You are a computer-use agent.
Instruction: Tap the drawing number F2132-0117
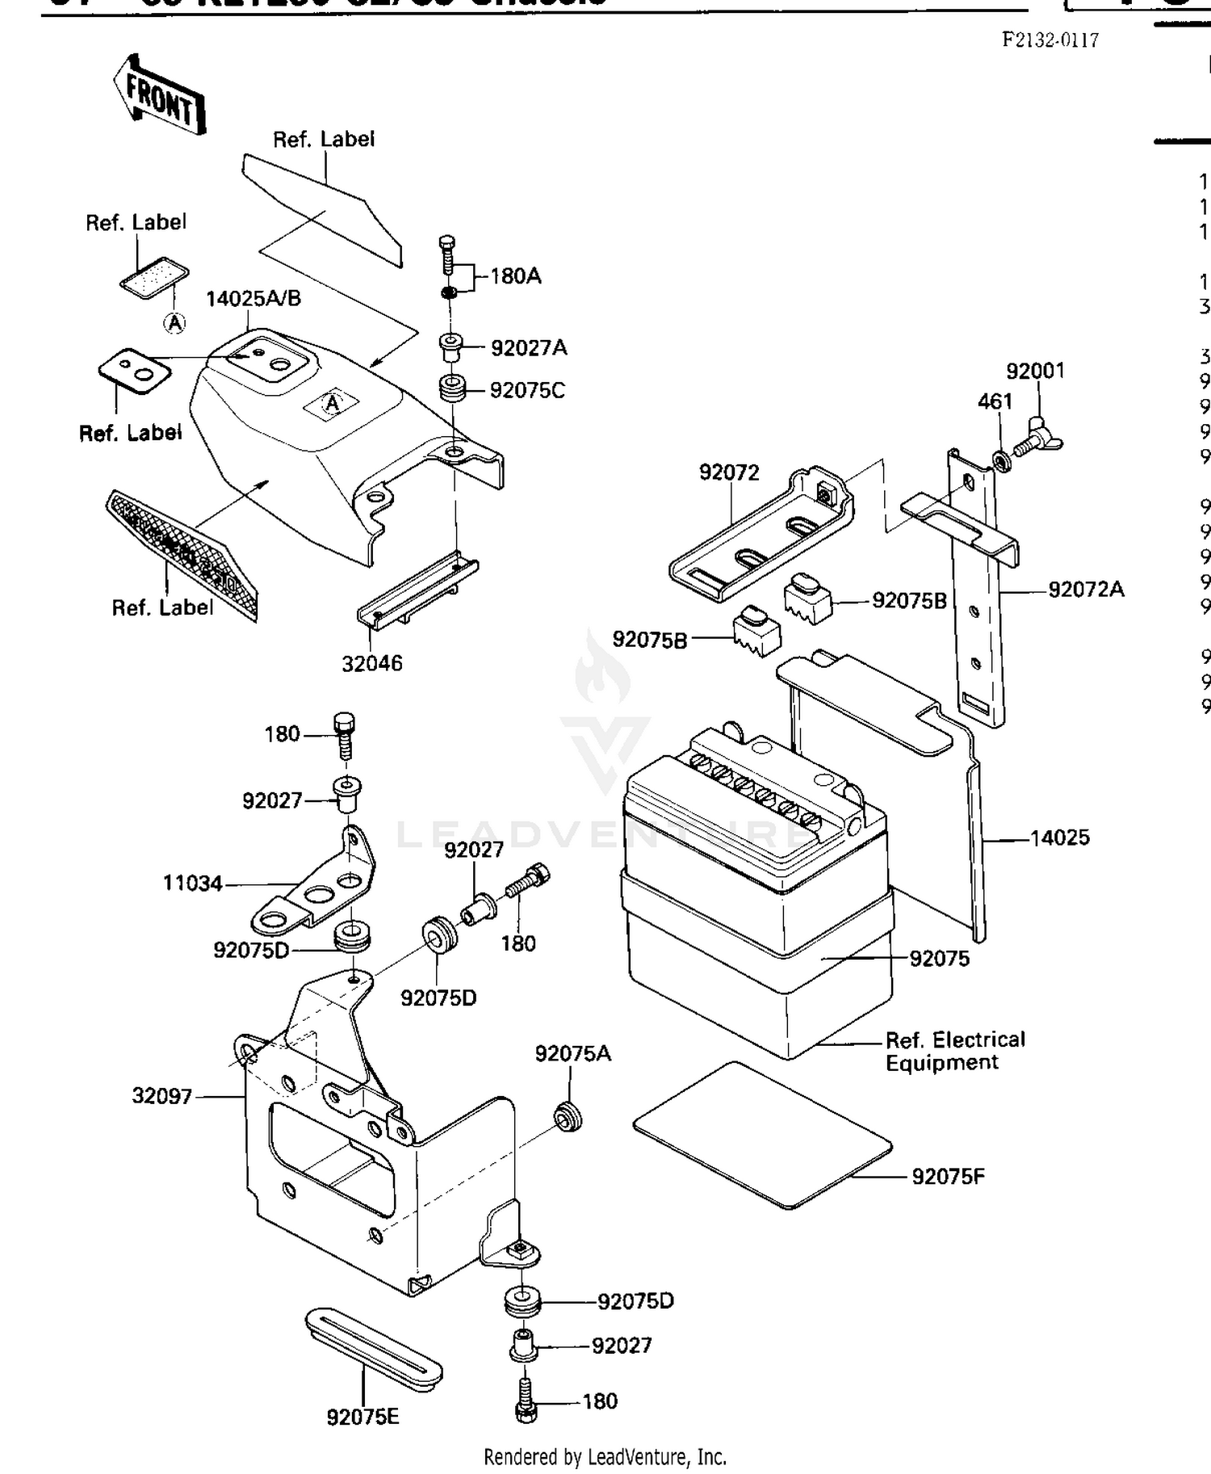pyautogui.click(x=1050, y=40)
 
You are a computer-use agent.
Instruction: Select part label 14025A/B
pyautogui.click(x=254, y=299)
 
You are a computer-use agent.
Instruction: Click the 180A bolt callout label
pyautogui.click(x=516, y=276)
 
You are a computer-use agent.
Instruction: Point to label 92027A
pyautogui.click(x=529, y=348)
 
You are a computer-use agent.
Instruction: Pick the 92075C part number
pyautogui.click(x=527, y=391)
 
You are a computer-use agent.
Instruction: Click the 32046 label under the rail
pyautogui.click(x=371, y=664)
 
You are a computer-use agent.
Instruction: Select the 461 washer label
pyautogui.click(x=995, y=401)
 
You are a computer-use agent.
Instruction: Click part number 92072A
pyautogui.click(x=1086, y=590)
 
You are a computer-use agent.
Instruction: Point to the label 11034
pyautogui.click(x=192, y=884)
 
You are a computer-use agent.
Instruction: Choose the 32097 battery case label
pyautogui.click(x=162, y=1097)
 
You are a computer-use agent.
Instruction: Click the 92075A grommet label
pyautogui.click(x=573, y=1054)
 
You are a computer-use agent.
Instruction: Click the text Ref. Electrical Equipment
pyautogui.click(x=954, y=1051)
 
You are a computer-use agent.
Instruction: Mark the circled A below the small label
pyautogui.click(x=174, y=323)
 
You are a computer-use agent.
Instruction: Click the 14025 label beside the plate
pyautogui.click(x=1059, y=838)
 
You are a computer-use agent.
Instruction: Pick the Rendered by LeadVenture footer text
pyautogui.click(x=605, y=1457)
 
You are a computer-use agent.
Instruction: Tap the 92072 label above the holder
pyautogui.click(x=729, y=472)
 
